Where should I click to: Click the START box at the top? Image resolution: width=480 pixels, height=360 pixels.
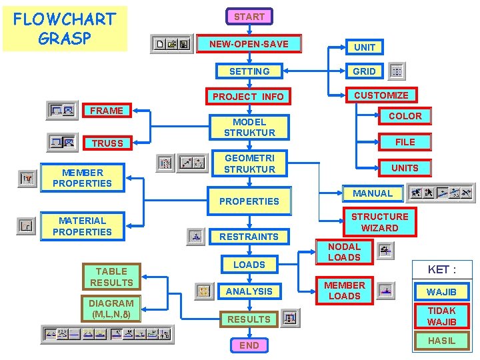[249, 17]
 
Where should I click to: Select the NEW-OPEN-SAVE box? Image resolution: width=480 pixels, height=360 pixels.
[249, 44]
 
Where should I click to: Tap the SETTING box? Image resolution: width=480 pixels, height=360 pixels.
[249, 71]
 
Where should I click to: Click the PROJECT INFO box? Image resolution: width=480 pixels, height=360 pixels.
[248, 97]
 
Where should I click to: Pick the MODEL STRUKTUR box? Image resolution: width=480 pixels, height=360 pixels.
[249, 127]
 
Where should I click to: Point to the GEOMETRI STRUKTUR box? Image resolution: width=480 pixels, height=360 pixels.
[249, 163]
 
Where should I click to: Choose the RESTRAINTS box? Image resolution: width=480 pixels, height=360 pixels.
[249, 236]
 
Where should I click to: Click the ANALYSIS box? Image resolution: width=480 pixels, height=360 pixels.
[249, 291]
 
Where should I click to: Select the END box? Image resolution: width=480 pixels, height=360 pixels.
[249, 345]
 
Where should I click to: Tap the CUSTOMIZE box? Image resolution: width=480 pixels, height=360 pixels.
[381, 95]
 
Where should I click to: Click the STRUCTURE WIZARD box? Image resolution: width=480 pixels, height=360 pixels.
[380, 222]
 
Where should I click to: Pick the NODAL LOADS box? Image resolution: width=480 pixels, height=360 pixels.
[345, 252]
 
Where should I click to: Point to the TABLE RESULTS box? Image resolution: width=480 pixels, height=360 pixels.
[111, 277]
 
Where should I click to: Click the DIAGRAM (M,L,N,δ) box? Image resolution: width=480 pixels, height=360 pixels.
[111, 309]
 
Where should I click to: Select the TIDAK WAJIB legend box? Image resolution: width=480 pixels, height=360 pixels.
[442, 316]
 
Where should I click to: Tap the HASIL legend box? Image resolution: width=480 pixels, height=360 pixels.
[442, 341]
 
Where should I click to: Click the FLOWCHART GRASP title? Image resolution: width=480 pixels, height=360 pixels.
[65, 28]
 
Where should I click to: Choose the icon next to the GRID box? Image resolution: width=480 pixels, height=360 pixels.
[397, 71]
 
